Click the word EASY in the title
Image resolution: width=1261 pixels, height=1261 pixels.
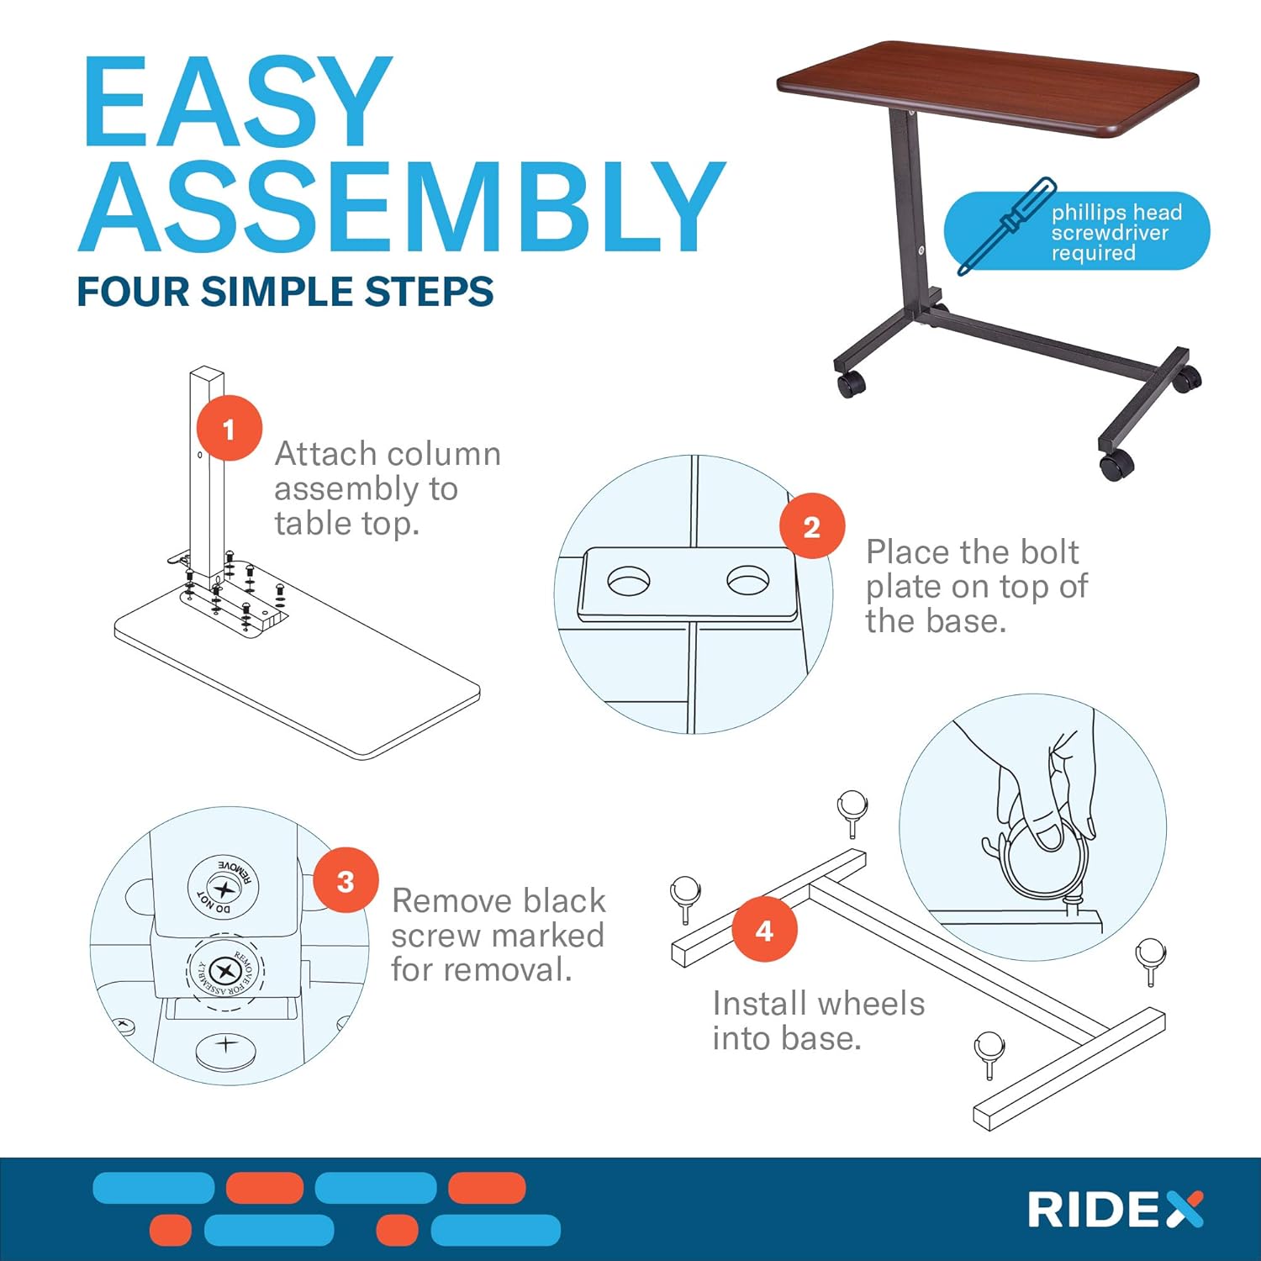[238, 103]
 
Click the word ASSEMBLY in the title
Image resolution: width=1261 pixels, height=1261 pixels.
[402, 208]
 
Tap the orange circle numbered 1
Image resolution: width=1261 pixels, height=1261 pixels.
[229, 429]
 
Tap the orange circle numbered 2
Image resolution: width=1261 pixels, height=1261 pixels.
[811, 526]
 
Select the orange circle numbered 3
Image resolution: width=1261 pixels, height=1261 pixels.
[346, 881]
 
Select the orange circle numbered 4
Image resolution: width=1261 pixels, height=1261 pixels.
[764, 930]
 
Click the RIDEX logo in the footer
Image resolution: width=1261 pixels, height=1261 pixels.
[1115, 1210]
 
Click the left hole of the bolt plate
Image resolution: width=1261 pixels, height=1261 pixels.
[628, 581]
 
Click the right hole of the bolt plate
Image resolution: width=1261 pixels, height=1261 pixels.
[748, 580]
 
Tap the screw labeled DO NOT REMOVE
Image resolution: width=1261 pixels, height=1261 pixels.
[223, 886]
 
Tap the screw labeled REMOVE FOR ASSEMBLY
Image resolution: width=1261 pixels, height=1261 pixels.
[225, 972]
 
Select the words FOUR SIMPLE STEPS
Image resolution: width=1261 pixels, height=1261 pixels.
[285, 292]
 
